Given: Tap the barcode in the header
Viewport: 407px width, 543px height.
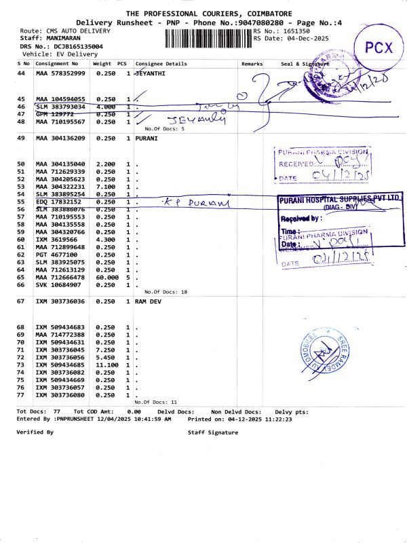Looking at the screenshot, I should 208,35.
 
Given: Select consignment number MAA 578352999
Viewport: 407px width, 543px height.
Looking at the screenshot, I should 60,73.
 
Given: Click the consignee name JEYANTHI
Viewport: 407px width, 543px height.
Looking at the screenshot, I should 151,73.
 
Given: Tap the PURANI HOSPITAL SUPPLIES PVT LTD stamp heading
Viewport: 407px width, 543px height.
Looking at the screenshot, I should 336,202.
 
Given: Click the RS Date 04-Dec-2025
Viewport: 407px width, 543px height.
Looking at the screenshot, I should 305,39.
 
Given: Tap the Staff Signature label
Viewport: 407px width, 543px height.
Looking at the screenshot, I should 213,432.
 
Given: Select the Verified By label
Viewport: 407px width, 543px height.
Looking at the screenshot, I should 35,432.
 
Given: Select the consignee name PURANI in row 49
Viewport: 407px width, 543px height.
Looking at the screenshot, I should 147,138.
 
